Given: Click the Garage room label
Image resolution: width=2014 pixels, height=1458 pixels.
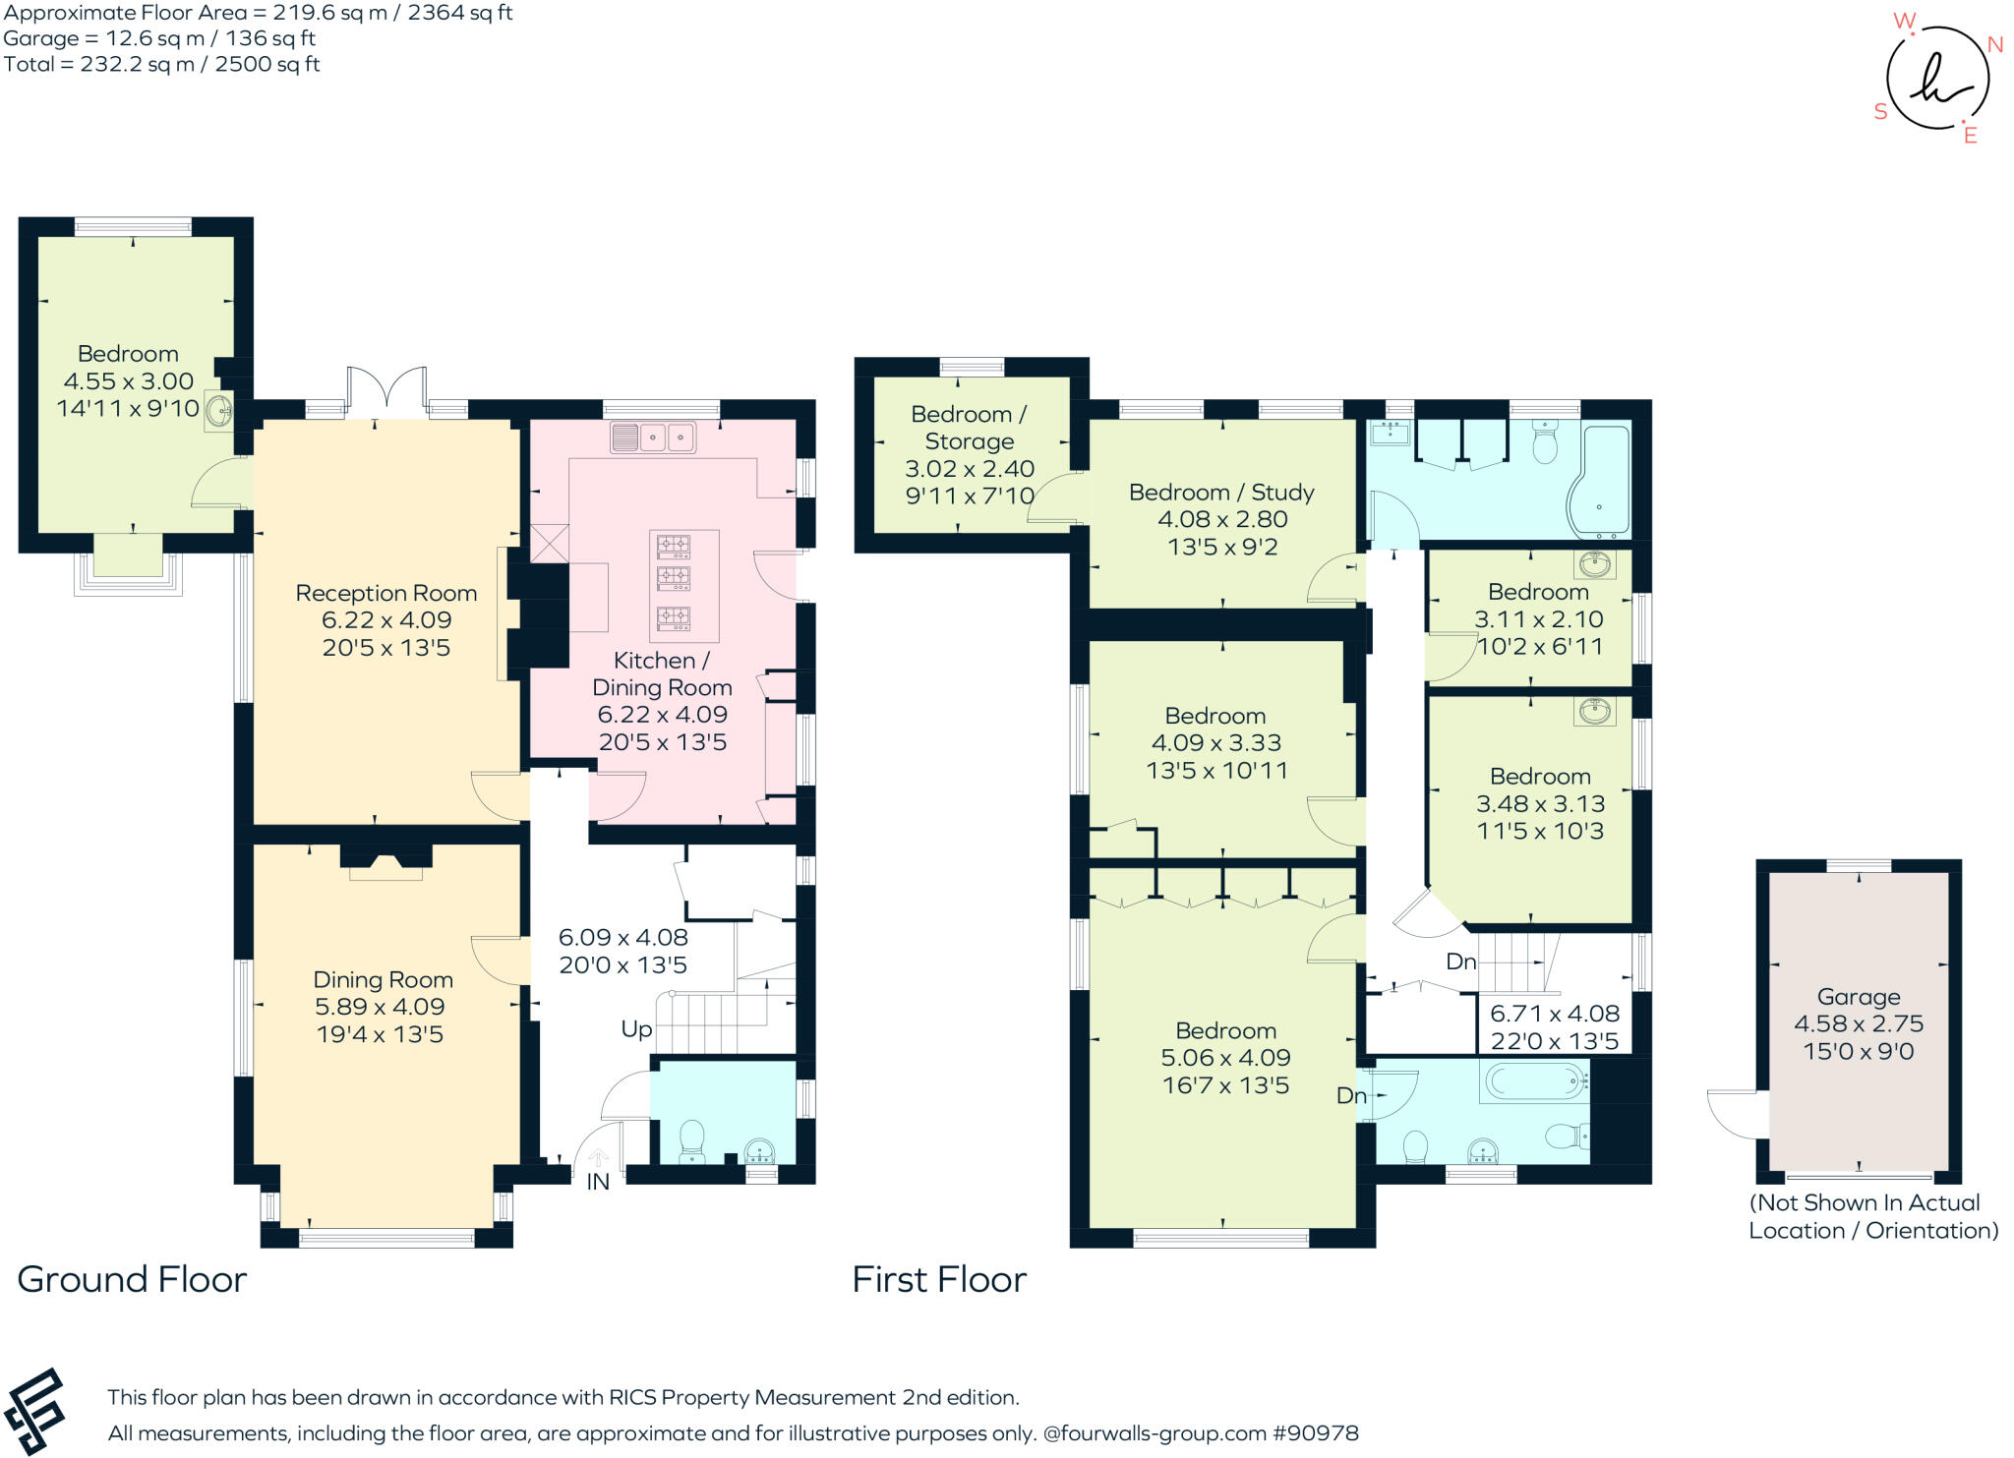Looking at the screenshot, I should coord(1858,996).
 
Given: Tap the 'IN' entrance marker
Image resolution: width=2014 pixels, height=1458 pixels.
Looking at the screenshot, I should coord(598,1182).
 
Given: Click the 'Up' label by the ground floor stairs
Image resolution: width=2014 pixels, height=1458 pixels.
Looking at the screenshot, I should coord(636,1029).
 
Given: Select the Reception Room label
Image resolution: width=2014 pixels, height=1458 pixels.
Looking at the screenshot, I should coord(385,593).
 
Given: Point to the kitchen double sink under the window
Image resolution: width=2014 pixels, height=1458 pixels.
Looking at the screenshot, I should coord(653,437).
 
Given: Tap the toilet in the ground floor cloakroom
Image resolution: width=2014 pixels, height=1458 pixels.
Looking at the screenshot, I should coord(691,1140).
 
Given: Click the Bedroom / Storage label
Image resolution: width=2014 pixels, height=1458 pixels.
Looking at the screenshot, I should coord(969,428).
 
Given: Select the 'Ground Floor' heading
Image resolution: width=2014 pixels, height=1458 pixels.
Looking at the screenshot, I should coord(132,1279).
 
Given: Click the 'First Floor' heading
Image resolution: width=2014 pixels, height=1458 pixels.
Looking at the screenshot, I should coord(938,1279).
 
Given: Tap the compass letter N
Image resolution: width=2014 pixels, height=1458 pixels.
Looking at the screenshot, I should coord(1995,44).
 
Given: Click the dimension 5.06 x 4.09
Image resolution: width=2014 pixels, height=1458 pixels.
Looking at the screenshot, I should coord(1225,1058).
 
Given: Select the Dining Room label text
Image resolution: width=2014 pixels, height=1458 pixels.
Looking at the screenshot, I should coord(383,979).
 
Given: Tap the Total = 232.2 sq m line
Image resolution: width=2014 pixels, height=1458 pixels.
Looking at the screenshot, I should coord(161,65).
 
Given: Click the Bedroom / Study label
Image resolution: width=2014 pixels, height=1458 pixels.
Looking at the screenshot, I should coord(1221,492).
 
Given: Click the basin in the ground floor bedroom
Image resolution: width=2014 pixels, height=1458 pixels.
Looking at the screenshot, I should coord(218,411).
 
